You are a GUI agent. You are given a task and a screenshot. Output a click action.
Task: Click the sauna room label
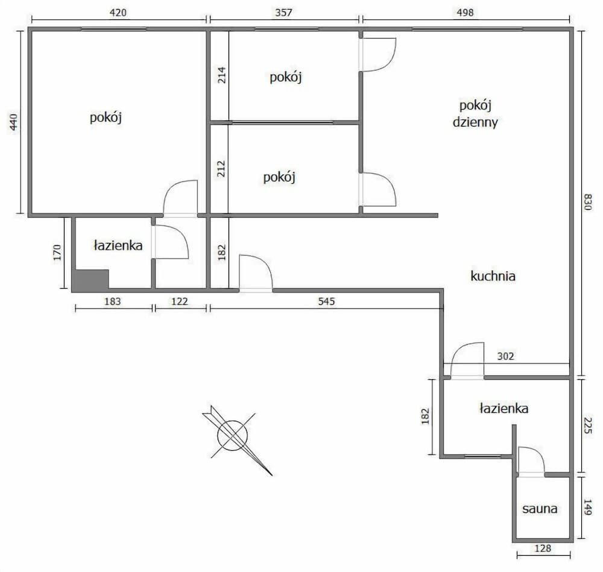[x=540, y=509]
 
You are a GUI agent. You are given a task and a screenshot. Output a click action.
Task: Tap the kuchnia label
[x=493, y=277]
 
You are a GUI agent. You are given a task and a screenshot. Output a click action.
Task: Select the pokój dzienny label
[x=475, y=114]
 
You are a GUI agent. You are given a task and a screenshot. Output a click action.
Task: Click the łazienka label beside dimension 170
[x=118, y=245]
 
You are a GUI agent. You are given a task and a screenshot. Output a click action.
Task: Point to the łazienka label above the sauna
[x=504, y=409]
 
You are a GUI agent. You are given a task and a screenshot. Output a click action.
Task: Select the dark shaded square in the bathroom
[x=90, y=280]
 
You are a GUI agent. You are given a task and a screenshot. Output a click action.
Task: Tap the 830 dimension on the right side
[x=589, y=203]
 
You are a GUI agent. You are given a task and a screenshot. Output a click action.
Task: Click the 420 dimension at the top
[x=118, y=12]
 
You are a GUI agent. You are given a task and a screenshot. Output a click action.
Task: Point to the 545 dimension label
[x=325, y=301]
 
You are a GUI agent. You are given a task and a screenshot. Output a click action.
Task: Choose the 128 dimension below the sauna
[x=543, y=548]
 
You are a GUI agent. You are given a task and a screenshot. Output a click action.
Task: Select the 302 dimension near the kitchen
[x=506, y=356]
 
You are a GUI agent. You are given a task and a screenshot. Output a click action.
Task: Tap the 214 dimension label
[x=221, y=75]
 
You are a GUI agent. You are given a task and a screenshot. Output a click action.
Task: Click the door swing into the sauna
[x=531, y=461]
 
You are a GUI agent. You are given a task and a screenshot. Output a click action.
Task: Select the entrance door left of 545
[x=255, y=274]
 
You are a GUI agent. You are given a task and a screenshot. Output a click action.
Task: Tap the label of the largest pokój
[x=106, y=118]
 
